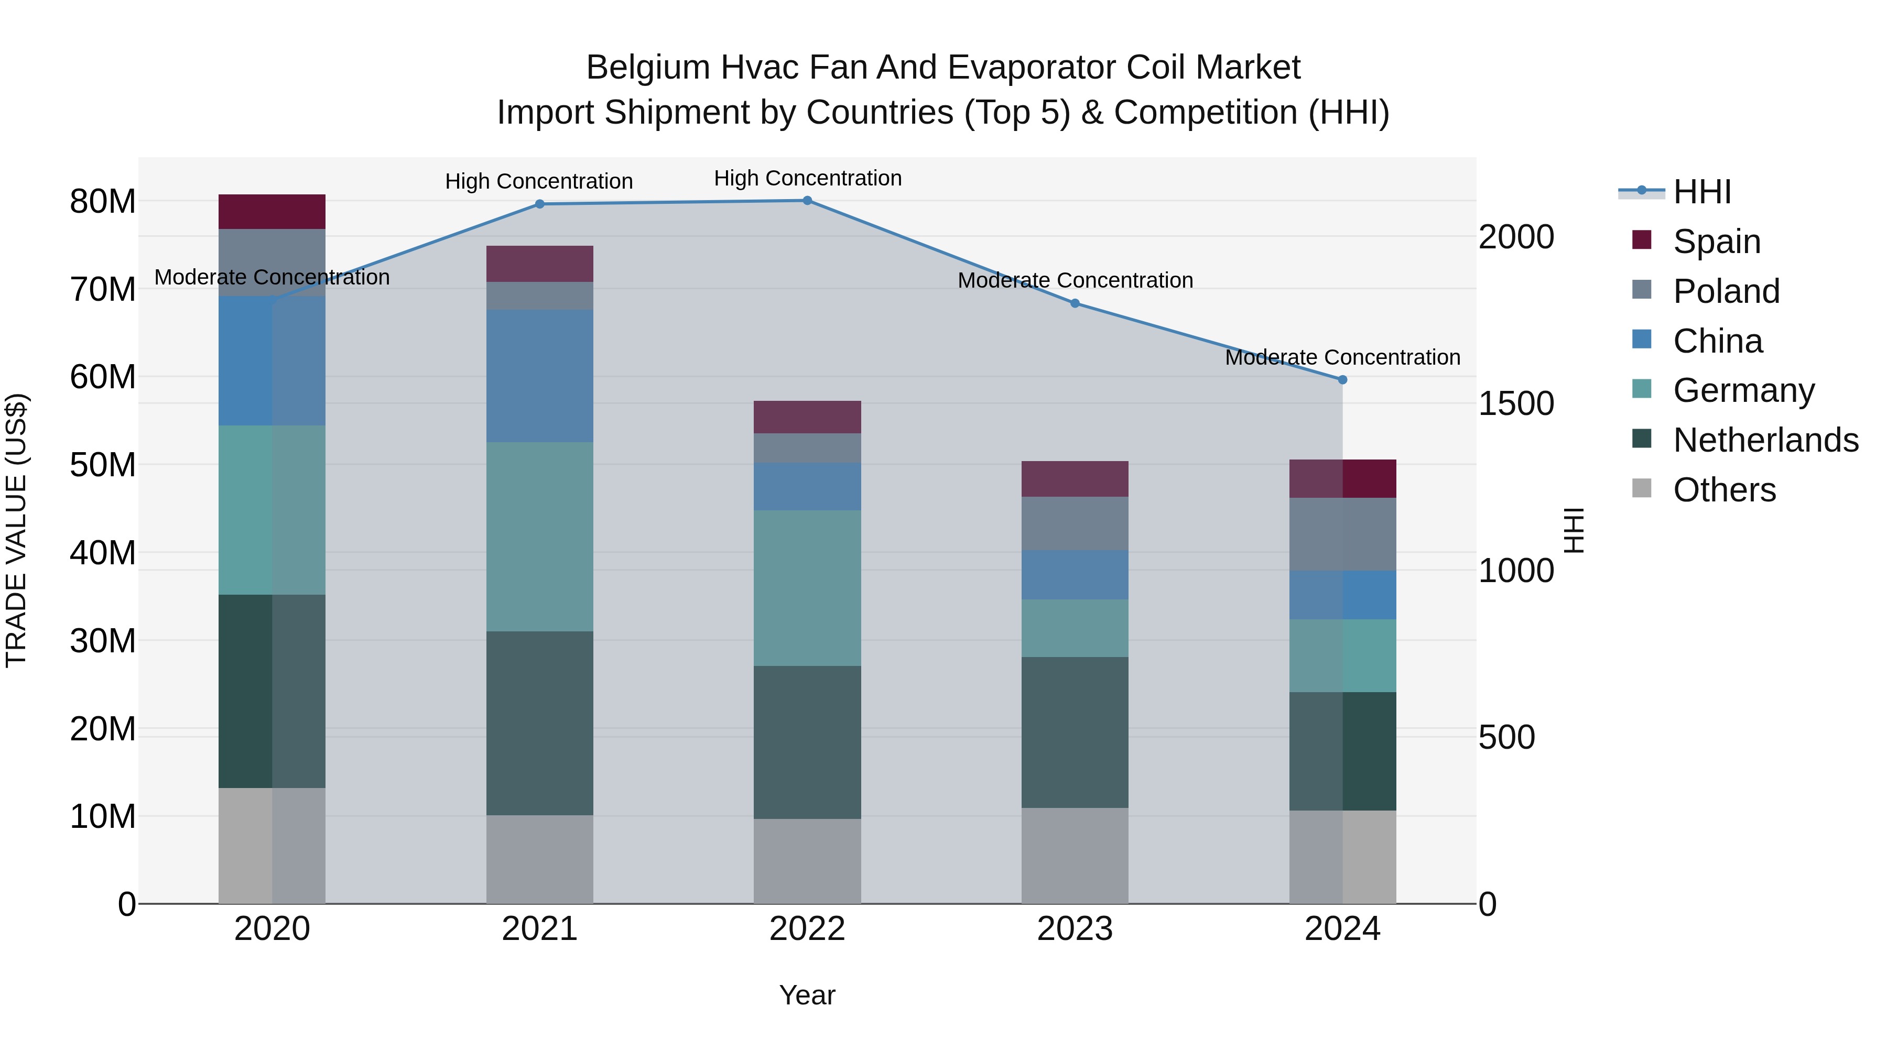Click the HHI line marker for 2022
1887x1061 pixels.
point(807,201)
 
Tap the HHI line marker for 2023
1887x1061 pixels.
point(1075,303)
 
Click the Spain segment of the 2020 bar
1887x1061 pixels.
point(272,212)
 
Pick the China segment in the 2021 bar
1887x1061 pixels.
point(540,376)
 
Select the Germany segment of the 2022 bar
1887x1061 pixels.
point(807,588)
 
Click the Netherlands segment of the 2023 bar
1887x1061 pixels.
point(1075,732)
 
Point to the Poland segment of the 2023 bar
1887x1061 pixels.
point(1075,523)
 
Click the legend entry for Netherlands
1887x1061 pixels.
point(1765,440)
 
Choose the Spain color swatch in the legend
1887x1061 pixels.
point(1642,240)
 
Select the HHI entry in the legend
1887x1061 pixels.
point(1701,192)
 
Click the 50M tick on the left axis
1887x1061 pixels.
point(103,465)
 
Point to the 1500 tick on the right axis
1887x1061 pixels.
point(1515,403)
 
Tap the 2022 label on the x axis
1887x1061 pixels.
point(807,929)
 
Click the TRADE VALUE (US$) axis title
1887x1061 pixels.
point(16,530)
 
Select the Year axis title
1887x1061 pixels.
point(807,995)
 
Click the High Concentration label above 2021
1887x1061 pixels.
point(539,181)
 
